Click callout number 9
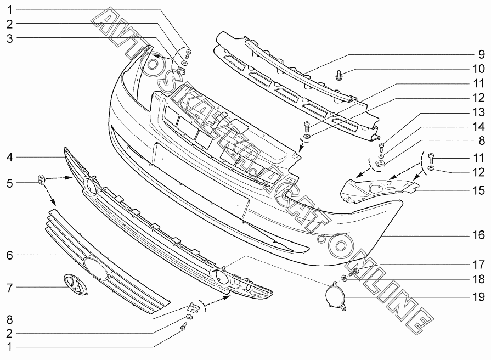point(481,54)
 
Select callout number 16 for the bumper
point(479,235)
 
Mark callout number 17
point(479,263)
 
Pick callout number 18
point(479,279)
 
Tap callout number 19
point(479,297)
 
